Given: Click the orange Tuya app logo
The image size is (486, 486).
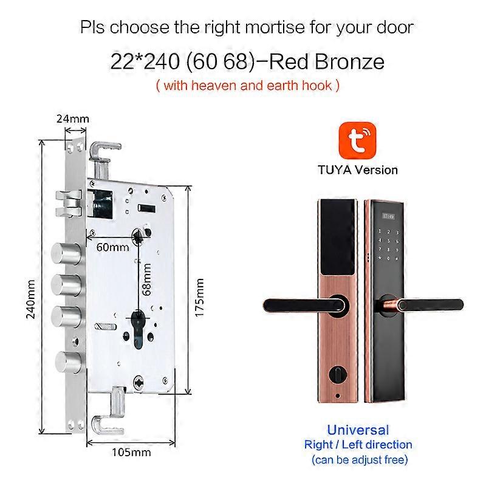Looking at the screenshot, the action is (357, 140).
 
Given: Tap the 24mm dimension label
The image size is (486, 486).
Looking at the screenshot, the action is (73, 118).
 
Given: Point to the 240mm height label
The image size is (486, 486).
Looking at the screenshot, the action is (31, 299).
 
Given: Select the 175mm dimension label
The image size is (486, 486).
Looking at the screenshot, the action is (199, 297).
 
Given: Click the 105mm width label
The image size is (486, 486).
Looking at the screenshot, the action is (131, 452).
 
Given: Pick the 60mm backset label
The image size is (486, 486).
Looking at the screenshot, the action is (112, 247).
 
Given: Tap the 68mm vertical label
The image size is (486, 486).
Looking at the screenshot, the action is (146, 279).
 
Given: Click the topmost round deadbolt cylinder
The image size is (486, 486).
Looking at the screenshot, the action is (66, 254).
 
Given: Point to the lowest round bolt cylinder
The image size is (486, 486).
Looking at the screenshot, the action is (68, 362).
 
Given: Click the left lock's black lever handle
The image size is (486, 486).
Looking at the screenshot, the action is (306, 305).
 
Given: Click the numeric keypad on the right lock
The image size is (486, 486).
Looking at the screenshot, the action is (388, 245).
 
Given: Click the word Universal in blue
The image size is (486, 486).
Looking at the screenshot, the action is (358, 430).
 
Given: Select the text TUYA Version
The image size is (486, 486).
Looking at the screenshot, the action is (358, 170).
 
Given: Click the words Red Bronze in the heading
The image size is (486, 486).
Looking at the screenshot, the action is (327, 61).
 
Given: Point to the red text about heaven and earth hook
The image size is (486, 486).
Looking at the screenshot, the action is (248, 85).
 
